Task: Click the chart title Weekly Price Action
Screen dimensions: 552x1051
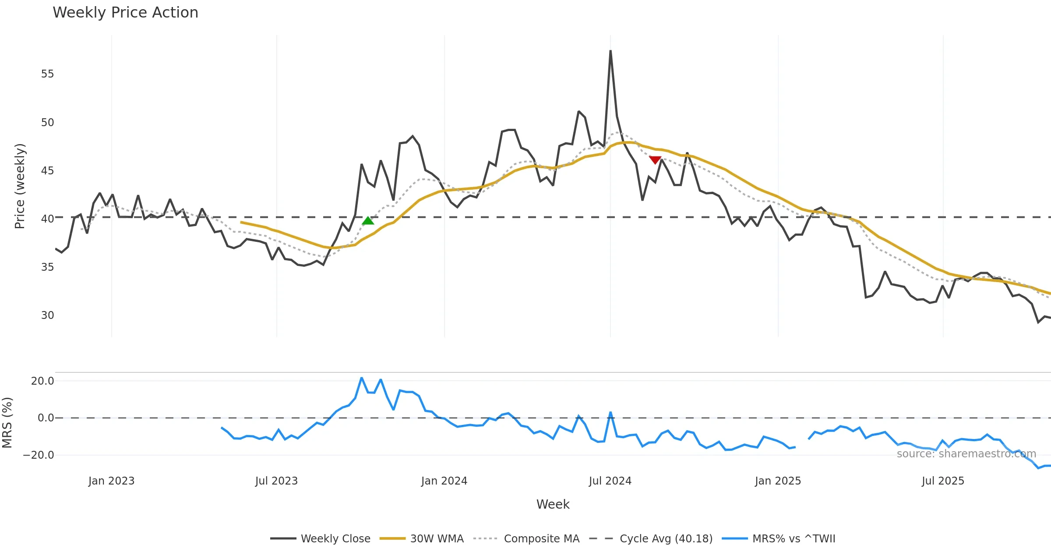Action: click(125, 13)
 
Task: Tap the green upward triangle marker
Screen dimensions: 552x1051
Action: click(368, 220)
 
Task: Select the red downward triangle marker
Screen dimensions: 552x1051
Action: click(655, 160)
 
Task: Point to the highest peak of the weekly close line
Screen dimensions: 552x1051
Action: click(610, 51)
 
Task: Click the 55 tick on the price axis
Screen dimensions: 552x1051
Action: click(48, 74)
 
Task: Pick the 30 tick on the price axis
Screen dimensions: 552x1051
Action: click(48, 315)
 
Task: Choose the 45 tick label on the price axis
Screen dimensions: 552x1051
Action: click(48, 171)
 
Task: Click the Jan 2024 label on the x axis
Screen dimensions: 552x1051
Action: click(444, 481)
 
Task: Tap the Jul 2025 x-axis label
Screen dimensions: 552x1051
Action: click(943, 481)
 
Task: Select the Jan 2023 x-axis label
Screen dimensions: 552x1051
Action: click(111, 481)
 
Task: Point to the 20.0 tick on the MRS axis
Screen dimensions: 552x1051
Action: click(42, 381)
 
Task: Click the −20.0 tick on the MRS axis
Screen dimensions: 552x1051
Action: click(39, 455)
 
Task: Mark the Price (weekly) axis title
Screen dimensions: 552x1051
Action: click(20, 186)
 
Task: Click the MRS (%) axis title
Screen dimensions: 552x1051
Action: click(7, 422)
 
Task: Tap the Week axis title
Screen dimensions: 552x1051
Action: click(553, 505)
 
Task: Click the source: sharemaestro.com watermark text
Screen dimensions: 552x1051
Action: click(966, 454)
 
